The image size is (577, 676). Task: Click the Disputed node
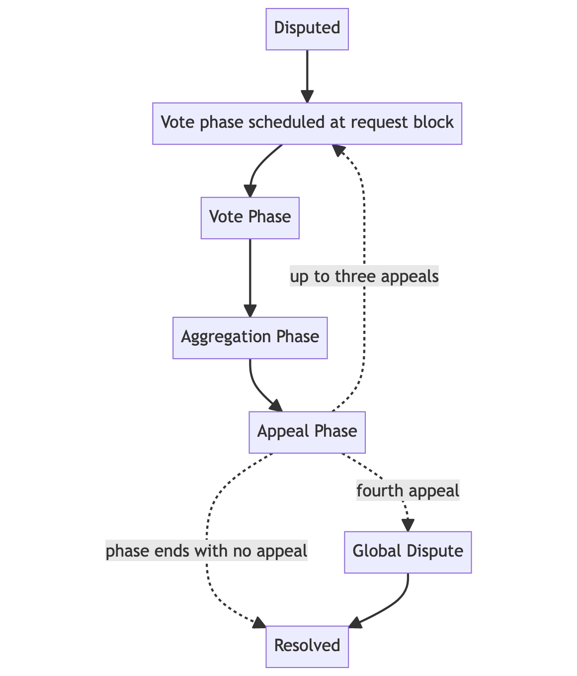307,28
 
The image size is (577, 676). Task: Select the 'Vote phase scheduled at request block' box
307,123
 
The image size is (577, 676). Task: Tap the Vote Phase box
250,218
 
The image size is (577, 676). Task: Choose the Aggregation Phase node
250,337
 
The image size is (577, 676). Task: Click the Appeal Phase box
307,432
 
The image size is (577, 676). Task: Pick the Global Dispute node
408,552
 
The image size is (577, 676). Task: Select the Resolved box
307,646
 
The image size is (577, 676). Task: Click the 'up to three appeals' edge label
364,277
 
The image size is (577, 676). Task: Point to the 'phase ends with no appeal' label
207,552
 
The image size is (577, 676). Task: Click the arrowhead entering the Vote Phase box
250,192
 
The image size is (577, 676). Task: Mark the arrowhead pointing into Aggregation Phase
250,311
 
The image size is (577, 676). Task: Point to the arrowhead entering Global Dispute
408,525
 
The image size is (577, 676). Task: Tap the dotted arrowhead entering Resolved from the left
259,624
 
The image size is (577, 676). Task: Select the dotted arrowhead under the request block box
338,150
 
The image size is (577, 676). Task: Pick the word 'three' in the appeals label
355,277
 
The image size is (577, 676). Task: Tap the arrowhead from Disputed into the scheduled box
307,97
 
